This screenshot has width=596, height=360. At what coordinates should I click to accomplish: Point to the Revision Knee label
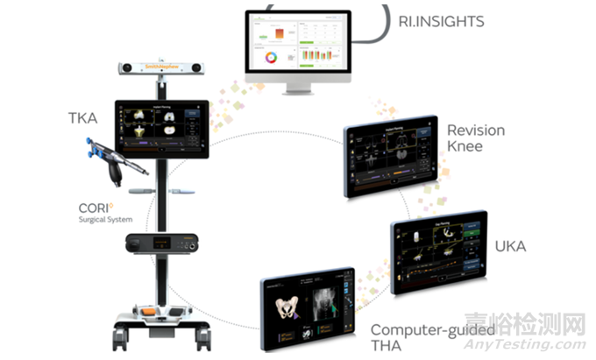click(476, 138)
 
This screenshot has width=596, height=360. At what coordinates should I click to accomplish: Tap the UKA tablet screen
click(439, 252)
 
